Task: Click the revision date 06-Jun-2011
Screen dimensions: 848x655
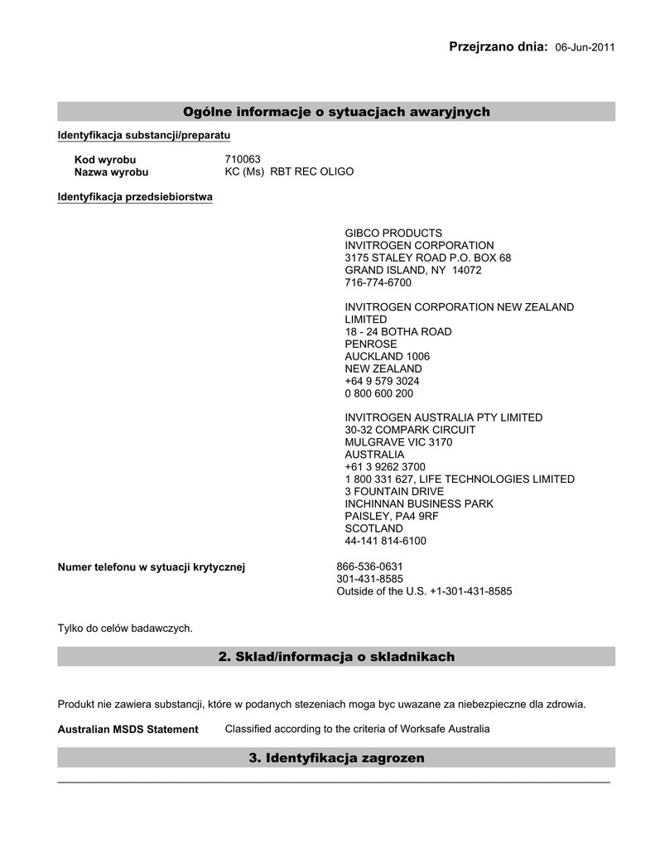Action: click(x=585, y=48)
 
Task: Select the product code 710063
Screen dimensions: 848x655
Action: click(x=243, y=159)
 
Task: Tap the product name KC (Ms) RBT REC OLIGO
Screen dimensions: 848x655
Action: click(x=289, y=171)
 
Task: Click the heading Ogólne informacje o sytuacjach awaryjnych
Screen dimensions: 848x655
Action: click(x=336, y=112)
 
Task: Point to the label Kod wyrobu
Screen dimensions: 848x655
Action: click(x=105, y=160)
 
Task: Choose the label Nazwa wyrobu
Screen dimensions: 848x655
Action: click(x=112, y=172)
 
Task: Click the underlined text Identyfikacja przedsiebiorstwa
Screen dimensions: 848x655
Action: click(x=135, y=197)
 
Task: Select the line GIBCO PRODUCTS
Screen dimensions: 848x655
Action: click(x=393, y=234)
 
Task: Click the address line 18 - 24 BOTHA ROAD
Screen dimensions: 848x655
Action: click(x=398, y=331)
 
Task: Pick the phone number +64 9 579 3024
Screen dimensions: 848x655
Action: click(x=382, y=381)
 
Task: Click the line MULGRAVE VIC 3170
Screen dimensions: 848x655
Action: click(x=398, y=442)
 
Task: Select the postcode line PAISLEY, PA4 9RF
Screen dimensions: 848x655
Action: click(x=392, y=516)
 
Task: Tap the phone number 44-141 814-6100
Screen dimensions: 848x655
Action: click(x=385, y=541)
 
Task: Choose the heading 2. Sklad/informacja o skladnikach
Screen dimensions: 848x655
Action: click(x=336, y=657)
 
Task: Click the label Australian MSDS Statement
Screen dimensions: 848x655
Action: click(x=128, y=730)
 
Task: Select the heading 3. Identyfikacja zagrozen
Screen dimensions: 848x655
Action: click(x=336, y=758)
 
